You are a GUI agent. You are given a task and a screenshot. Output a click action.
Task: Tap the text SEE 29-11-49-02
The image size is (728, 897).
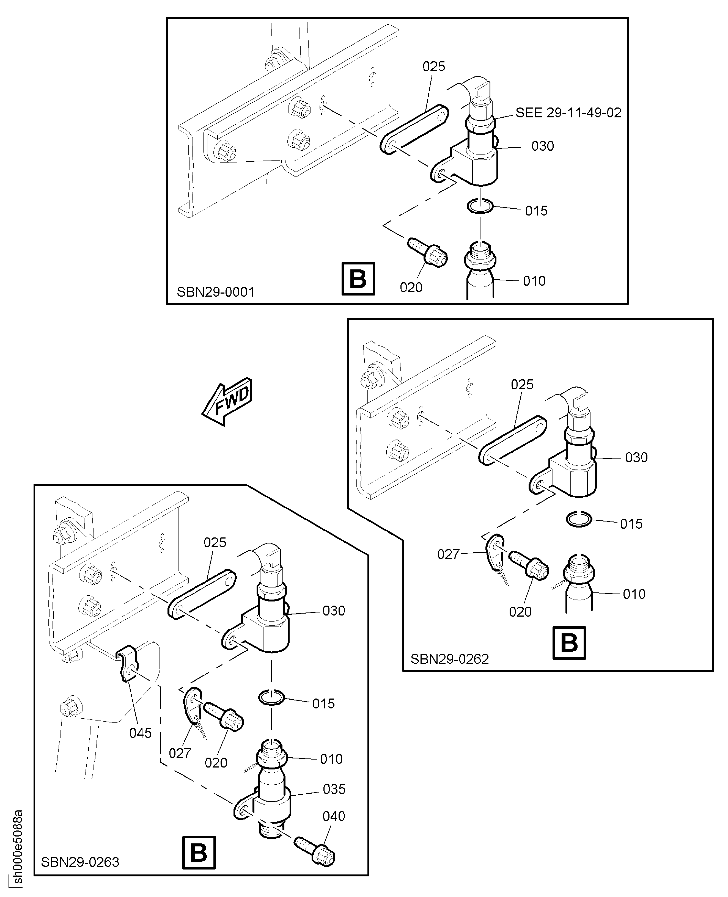[568, 113]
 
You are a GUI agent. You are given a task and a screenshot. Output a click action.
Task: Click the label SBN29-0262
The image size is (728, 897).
[449, 659]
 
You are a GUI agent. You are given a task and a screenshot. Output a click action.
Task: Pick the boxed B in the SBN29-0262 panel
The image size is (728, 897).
[569, 642]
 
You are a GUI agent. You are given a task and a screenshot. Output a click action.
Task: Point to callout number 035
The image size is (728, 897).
[334, 789]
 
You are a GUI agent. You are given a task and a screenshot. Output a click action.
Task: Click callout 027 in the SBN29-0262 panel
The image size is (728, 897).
[448, 554]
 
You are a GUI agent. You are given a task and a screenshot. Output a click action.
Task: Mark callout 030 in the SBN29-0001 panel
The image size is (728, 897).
[542, 146]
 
